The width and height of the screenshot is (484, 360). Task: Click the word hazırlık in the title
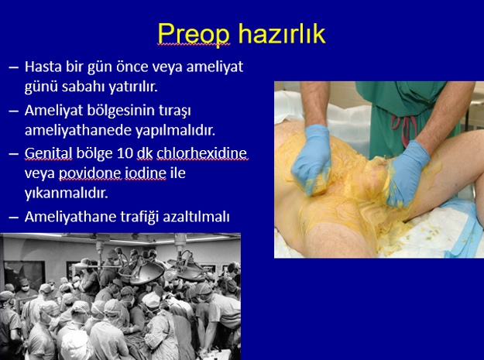click(282, 33)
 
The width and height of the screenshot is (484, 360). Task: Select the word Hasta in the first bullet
click(43, 67)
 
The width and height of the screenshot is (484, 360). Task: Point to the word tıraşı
click(174, 111)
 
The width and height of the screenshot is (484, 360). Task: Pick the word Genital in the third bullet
click(48, 154)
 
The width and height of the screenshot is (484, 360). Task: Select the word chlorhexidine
click(202, 153)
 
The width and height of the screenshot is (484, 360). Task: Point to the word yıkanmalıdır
click(66, 194)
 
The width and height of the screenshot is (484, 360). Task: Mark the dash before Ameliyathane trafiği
click(14, 218)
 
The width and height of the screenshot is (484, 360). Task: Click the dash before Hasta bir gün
click(14, 67)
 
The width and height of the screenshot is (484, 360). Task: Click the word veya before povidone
click(39, 174)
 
